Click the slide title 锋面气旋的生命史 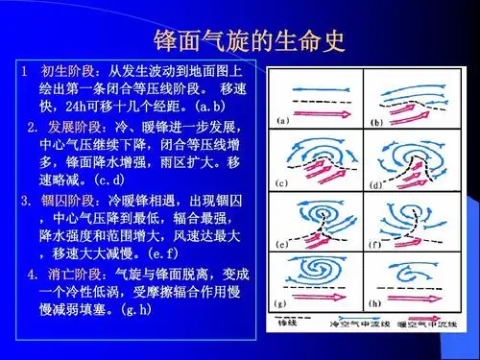point(249,41)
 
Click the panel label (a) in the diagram point(283,121)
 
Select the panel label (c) point(283,181)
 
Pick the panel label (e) point(283,243)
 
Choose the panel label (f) point(376,244)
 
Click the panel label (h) point(375,303)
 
